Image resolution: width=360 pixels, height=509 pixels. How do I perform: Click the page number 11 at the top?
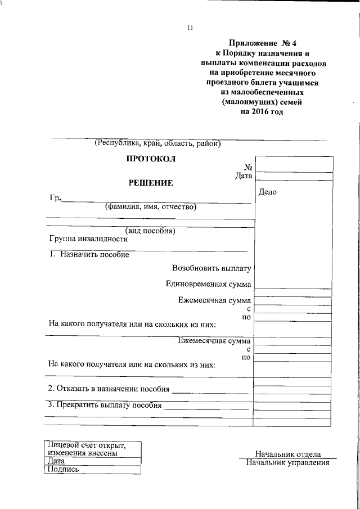coord(190,28)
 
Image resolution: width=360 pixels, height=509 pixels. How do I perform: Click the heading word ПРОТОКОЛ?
coord(150,159)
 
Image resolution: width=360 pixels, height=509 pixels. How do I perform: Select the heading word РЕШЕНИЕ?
coord(151,183)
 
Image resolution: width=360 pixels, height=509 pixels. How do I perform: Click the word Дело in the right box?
coord(268,192)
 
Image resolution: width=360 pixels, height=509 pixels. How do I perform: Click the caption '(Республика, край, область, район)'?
coord(157,143)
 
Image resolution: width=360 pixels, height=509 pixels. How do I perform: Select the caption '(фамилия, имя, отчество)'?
coord(150,207)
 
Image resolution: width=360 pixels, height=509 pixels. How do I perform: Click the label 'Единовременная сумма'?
coord(209,284)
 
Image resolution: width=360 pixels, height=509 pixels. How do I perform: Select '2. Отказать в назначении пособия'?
coord(109,389)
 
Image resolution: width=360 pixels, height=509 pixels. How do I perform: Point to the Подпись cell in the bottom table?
coord(64,469)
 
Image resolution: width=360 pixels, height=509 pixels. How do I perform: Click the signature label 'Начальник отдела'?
coord(287,454)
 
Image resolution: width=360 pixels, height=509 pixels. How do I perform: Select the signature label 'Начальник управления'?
coord(287,463)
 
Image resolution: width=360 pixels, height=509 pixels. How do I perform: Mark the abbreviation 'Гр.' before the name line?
coord(55,199)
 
